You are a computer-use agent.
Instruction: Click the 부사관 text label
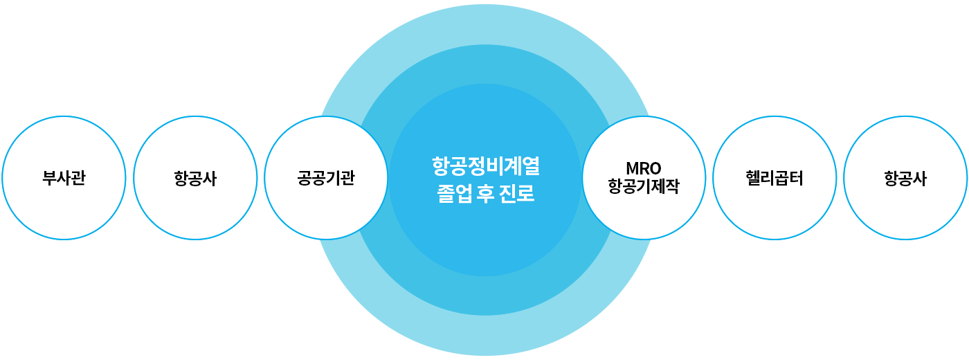pyautogui.click(x=64, y=178)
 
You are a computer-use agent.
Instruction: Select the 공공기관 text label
pyautogui.click(x=326, y=178)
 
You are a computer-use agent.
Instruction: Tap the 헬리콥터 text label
pyautogui.click(x=775, y=178)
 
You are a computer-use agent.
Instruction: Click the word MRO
pyautogui.click(x=643, y=168)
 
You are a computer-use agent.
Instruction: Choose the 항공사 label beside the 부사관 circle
pyautogui.click(x=195, y=178)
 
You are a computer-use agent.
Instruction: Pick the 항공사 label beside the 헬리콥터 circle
pyautogui.click(x=905, y=178)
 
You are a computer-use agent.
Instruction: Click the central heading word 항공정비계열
pyautogui.click(x=485, y=166)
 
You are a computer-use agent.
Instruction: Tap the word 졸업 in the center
pyautogui.click(x=451, y=193)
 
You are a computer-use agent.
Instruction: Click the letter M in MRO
pyautogui.click(x=631, y=168)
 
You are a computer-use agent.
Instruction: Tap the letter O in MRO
pyautogui.click(x=655, y=168)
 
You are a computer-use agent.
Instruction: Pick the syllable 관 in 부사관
pyautogui.click(x=78, y=178)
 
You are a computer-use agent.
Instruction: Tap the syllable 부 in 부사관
pyautogui.click(x=49, y=178)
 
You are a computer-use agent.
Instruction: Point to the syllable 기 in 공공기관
pyautogui.click(x=333, y=178)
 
